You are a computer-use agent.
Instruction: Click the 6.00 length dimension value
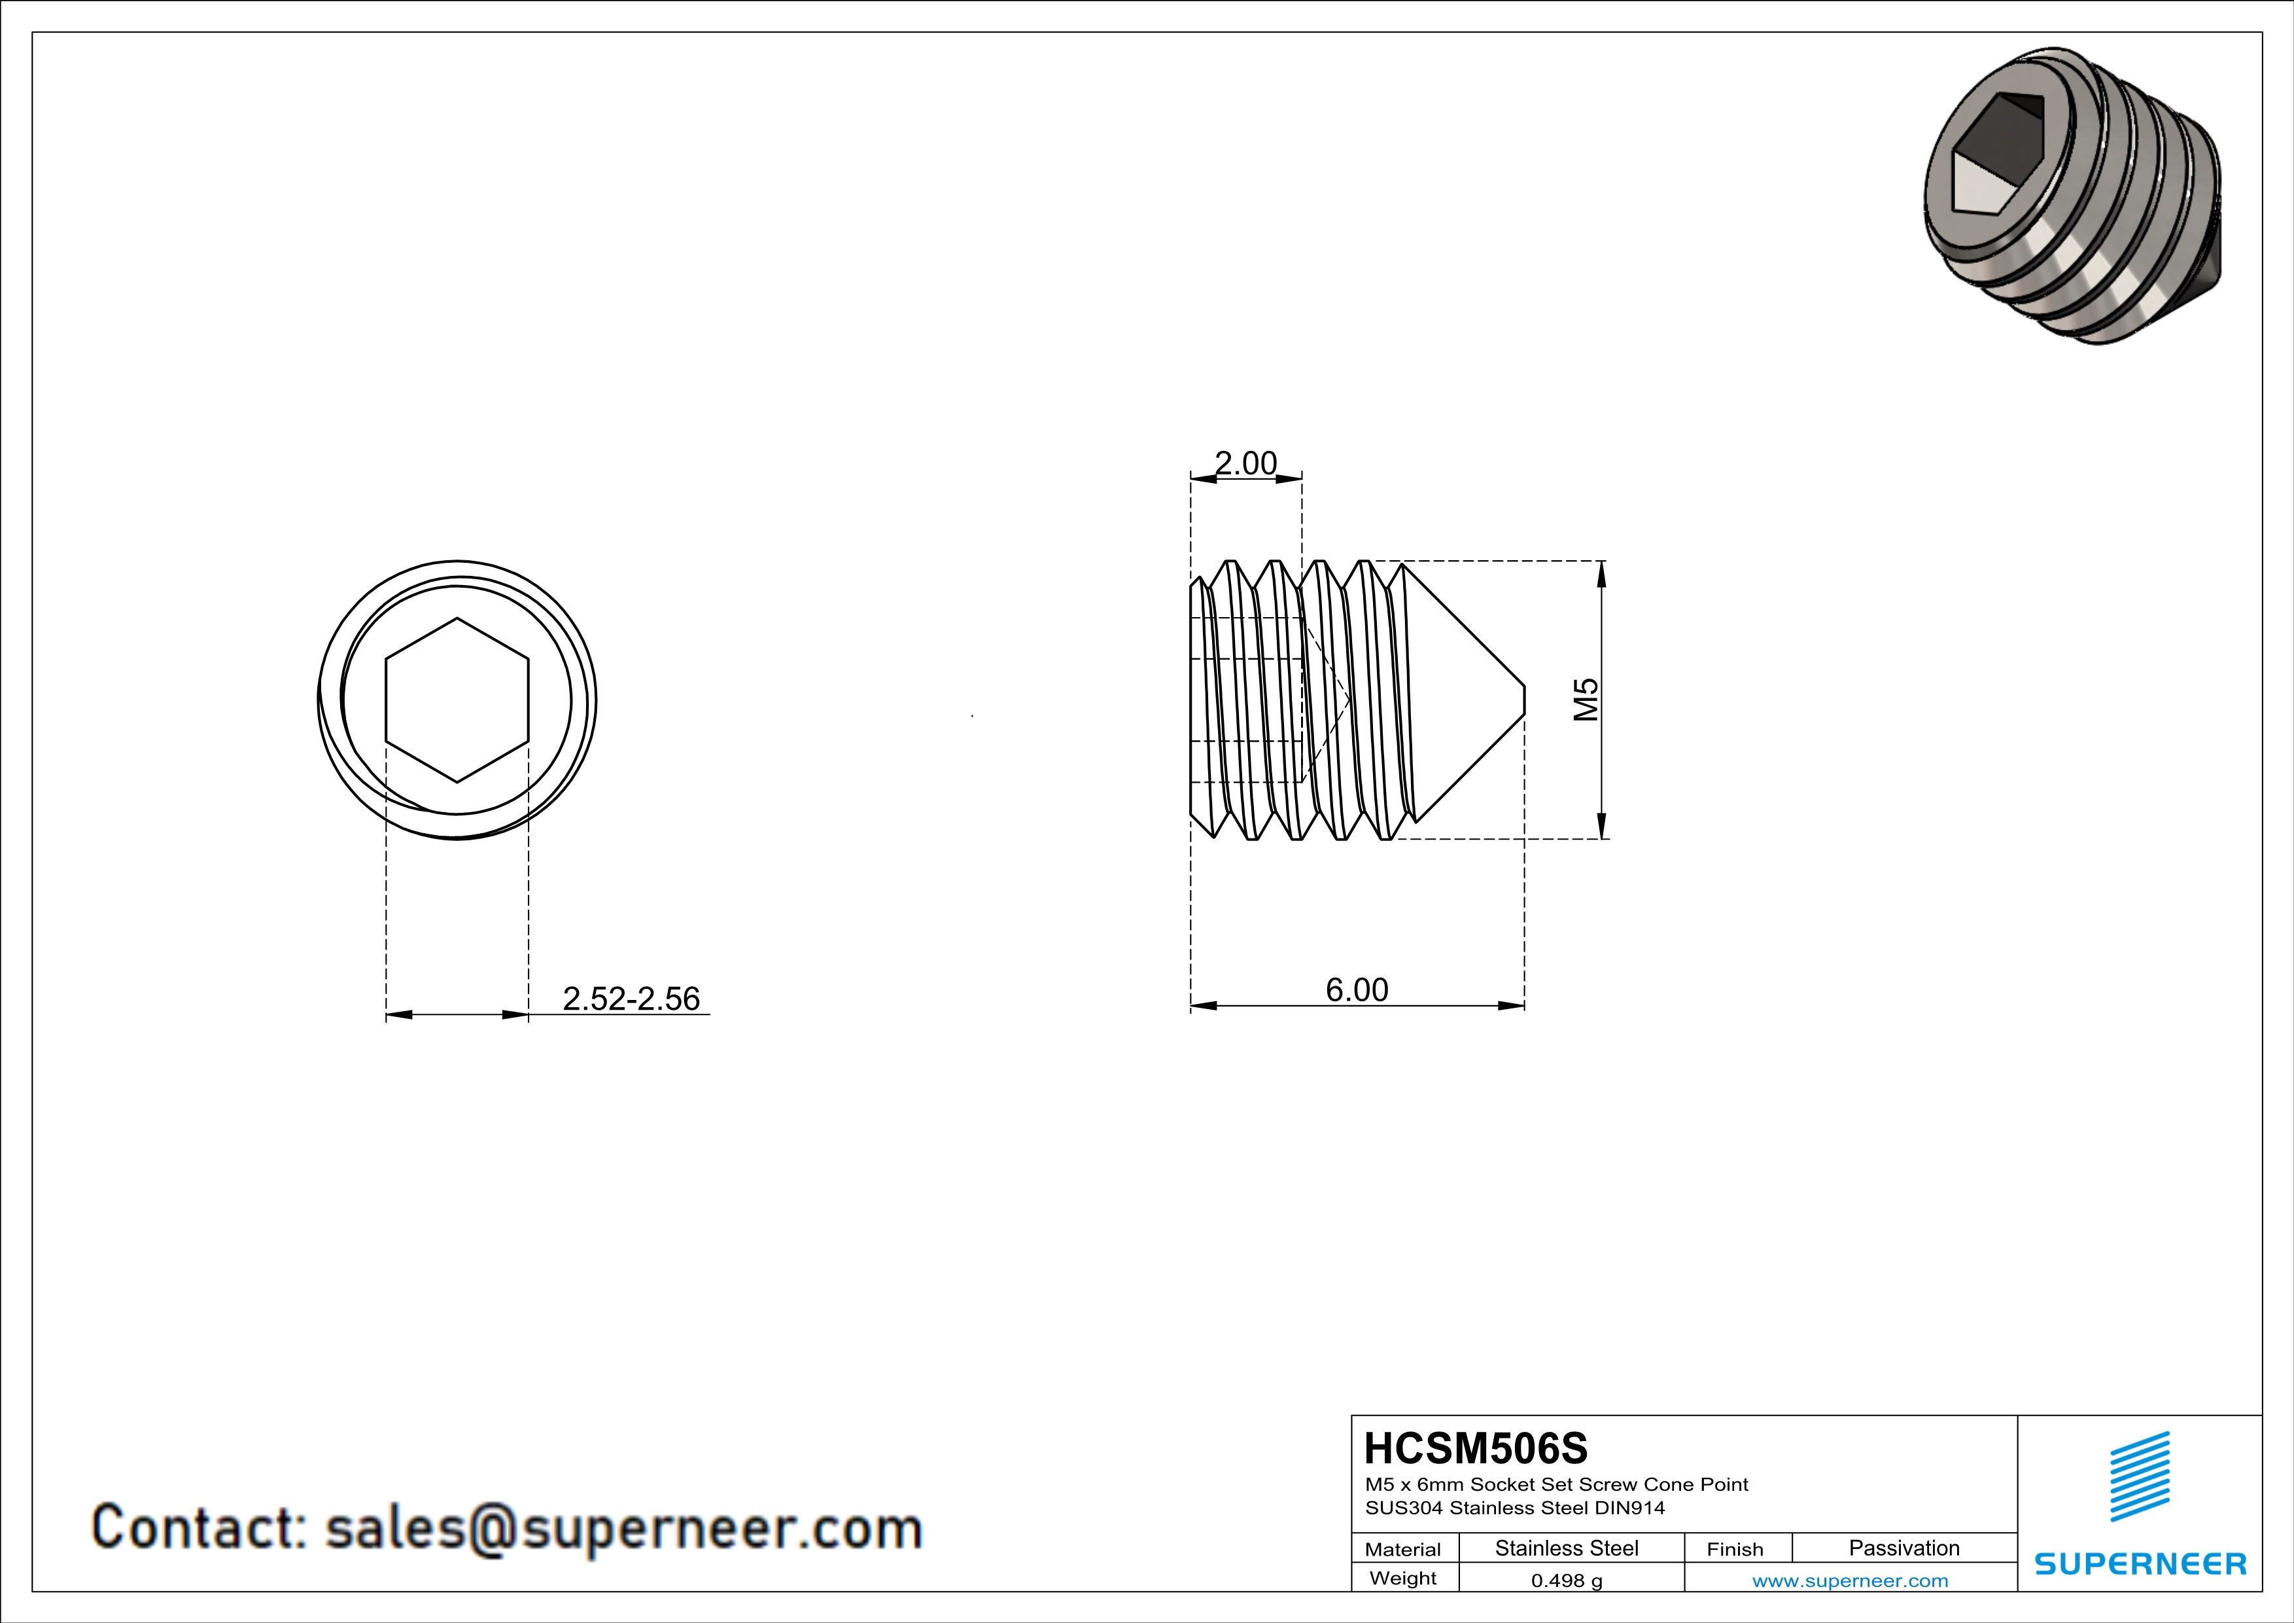click(1356, 990)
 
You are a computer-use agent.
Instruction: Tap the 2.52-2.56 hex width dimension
click(631, 999)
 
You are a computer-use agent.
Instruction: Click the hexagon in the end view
click(457, 700)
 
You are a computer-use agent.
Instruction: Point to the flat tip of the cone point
click(1523, 700)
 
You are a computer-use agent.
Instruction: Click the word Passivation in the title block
click(1903, 1548)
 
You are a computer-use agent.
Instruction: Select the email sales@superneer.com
click(623, 1529)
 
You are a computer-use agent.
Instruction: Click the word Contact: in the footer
click(198, 1529)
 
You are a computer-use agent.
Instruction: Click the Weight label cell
click(1403, 1578)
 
